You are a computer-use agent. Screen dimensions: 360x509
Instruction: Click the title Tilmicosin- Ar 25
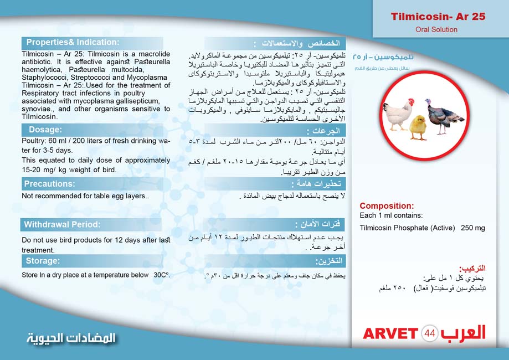click(x=438, y=17)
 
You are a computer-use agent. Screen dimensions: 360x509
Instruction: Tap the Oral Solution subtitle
click(x=437, y=30)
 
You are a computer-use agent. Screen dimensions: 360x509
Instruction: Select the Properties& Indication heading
click(x=73, y=42)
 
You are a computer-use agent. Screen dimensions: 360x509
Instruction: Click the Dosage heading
click(x=45, y=130)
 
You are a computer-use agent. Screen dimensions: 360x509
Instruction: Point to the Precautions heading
click(x=50, y=184)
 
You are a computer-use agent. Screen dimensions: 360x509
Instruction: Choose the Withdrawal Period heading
click(x=61, y=224)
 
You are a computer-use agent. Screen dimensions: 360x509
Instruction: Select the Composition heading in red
click(x=387, y=206)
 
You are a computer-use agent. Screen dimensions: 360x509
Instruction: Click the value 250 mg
click(x=472, y=228)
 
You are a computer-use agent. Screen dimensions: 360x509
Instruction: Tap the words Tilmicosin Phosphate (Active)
click(x=407, y=228)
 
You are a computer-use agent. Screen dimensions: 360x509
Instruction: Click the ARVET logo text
click(x=390, y=333)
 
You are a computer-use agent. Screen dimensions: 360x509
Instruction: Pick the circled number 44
click(x=430, y=333)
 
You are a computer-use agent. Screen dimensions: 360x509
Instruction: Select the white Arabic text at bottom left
click(x=71, y=338)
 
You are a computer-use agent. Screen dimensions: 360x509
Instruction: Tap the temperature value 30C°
click(x=161, y=275)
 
